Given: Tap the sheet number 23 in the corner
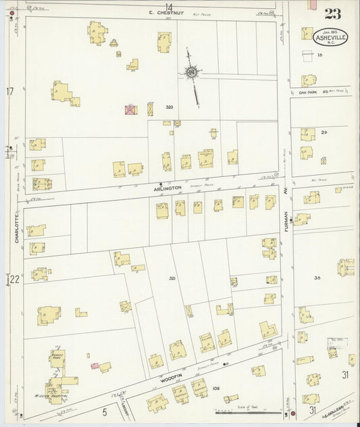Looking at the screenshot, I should click(332, 15).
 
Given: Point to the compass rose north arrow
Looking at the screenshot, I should click(192, 73).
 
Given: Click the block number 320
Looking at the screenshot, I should click(170, 107).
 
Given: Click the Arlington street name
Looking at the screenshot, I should click(170, 186).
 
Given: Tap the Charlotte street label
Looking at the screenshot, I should click(15, 224).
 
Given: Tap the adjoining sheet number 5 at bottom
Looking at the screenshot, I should click(105, 411).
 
